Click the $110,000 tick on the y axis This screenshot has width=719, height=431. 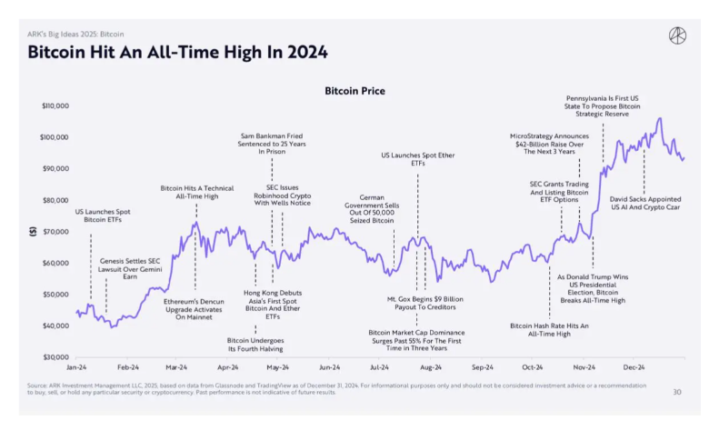pos(55,106)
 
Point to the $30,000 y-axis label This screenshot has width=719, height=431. pos(55,356)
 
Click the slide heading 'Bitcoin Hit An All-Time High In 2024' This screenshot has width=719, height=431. pos(178,51)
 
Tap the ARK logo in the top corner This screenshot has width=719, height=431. pos(676,35)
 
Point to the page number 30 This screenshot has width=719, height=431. pos(676,392)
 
